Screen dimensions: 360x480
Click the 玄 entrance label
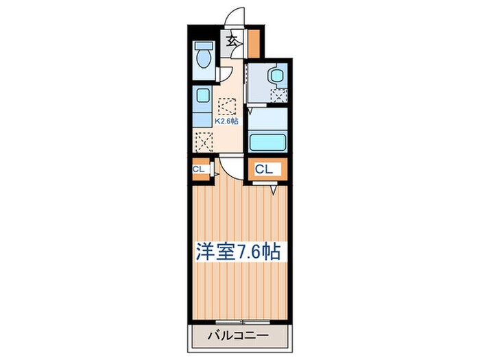pos(232,40)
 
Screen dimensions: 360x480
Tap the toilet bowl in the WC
pos(204,59)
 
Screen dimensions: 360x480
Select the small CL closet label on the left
pos(200,169)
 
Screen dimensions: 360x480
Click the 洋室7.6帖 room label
pos(239,252)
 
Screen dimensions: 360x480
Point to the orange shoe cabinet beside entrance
pos(254,44)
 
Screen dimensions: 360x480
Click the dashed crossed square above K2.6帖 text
pos(227,106)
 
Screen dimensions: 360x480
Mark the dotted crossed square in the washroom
pos(278,97)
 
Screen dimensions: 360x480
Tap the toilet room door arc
pos(227,74)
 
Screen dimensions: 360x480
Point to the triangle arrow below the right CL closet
pos(273,190)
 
